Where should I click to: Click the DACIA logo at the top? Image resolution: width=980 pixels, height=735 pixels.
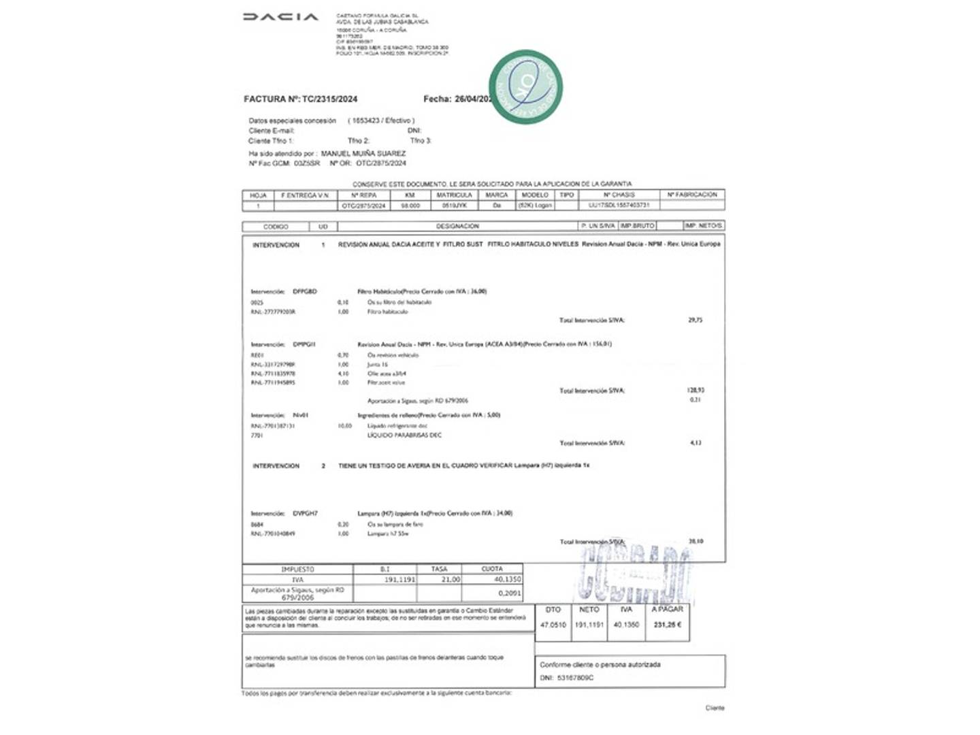280,17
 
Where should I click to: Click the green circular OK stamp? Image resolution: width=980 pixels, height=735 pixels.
525,86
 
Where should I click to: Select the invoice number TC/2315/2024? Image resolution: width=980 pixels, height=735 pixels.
329,99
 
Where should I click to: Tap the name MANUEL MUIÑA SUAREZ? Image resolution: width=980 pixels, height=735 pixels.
363,154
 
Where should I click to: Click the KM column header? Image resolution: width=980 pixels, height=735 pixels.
410,195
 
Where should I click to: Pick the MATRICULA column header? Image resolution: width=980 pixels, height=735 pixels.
454,195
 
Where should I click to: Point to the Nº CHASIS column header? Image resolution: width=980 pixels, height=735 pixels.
619,195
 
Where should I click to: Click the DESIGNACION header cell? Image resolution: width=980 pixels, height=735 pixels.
457,226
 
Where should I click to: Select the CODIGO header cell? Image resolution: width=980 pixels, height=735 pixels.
276,227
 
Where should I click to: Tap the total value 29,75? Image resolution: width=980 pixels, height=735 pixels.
695,320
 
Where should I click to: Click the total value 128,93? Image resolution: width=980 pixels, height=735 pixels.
696,391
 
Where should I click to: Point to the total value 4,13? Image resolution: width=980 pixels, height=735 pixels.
696,443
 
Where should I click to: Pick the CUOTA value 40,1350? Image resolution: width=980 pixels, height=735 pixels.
507,580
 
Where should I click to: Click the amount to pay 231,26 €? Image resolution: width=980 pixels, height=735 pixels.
667,625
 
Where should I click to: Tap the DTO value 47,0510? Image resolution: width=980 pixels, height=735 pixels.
553,625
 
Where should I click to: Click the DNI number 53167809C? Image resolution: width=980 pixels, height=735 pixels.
575,678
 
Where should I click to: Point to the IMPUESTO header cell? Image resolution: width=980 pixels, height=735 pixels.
297,569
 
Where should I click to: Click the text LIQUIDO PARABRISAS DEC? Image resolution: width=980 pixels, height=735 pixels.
404,435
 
